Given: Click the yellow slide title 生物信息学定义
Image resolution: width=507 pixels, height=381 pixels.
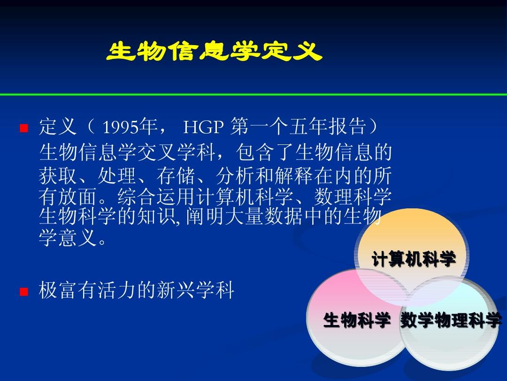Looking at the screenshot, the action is (x=215, y=51).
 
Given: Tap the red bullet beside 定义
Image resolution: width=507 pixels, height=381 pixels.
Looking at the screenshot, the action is (x=24, y=128).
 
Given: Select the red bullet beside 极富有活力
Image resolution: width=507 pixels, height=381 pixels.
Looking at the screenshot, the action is (x=24, y=292).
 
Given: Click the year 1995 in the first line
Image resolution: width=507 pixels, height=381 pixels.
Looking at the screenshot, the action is (x=120, y=127).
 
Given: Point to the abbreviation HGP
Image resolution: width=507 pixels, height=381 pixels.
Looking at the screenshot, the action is (x=203, y=127).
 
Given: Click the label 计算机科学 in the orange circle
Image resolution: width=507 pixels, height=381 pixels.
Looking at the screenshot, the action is (x=414, y=259).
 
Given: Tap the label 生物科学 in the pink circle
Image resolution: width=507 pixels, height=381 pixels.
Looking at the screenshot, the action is (x=357, y=320).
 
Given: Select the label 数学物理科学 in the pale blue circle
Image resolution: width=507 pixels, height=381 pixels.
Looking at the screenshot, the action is (x=451, y=320).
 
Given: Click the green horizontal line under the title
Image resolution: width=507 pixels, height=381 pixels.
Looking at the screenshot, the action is (x=253, y=95).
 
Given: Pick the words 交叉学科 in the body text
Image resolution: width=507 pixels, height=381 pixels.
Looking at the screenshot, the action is (x=176, y=152).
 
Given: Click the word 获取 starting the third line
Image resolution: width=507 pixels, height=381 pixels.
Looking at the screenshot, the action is (x=58, y=175).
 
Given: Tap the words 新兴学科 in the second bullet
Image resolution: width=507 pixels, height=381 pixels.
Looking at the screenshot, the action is (x=196, y=290).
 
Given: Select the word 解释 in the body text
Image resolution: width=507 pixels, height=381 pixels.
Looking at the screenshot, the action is (x=294, y=175).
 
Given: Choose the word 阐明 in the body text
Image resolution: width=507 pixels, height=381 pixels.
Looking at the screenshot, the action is (x=206, y=216).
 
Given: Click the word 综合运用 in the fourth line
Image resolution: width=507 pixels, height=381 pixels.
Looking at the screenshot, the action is (x=156, y=196).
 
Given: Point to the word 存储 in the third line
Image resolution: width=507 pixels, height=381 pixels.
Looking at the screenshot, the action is (x=176, y=175).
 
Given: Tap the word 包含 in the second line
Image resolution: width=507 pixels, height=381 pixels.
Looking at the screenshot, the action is (x=255, y=152).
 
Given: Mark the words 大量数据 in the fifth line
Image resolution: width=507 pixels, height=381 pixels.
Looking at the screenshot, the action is (x=264, y=216).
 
